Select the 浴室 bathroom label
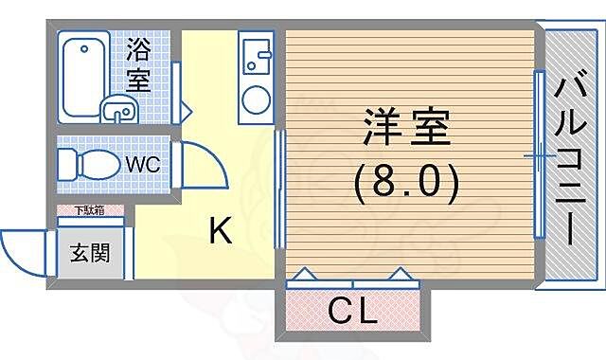click(x=138, y=63)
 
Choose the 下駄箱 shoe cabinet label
click(x=90, y=212)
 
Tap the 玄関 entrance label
click(x=89, y=254)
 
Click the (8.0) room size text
click(x=406, y=180)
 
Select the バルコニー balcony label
click(x=569, y=161)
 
